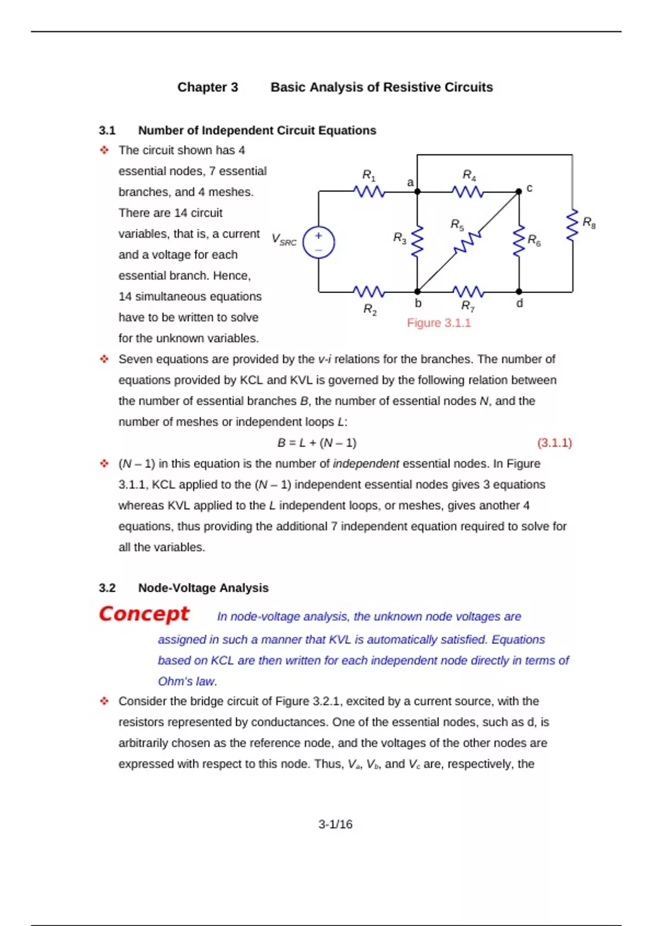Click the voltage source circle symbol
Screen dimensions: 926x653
click(318, 242)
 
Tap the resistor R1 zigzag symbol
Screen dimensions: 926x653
click(369, 191)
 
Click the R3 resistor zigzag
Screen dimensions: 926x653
click(417, 241)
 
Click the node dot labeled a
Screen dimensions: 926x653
click(417, 191)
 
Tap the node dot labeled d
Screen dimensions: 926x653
click(519, 291)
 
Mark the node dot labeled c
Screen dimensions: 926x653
click(519, 191)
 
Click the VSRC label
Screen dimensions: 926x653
click(284, 239)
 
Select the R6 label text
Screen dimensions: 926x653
click(534, 240)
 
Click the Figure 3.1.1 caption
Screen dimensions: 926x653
click(439, 323)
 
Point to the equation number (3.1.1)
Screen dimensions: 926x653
click(555, 443)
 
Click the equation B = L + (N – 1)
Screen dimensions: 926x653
click(317, 443)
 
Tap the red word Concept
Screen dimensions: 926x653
click(144, 614)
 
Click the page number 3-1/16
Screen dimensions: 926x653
click(335, 824)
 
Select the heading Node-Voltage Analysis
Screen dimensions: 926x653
click(203, 588)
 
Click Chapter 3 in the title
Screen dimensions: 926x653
click(207, 87)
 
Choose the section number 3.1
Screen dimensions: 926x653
click(107, 131)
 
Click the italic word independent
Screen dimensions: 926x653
click(366, 464)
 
